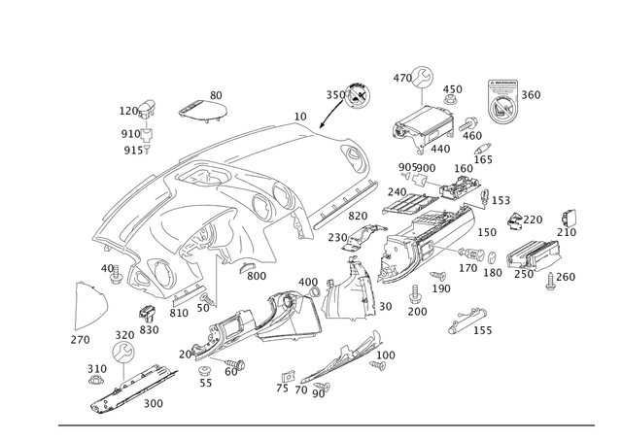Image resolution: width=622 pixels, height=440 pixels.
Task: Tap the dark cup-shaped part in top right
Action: click(502, 103)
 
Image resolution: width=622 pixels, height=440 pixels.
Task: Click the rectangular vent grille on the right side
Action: click(531, 257)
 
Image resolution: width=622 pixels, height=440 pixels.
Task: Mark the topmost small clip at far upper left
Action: click(141, 107)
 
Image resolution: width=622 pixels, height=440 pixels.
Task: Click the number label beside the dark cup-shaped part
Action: click(532, 93)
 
